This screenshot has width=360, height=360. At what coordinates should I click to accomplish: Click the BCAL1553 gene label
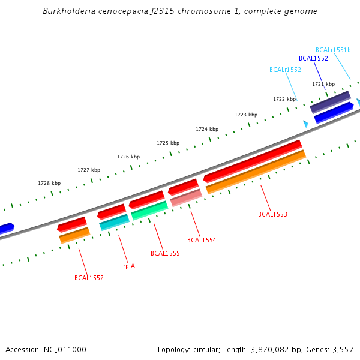[x=272, y=214]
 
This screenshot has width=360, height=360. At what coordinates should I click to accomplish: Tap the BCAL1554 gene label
[x=202, y=240]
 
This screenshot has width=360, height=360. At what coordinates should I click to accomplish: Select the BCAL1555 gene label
[x=165, y=253]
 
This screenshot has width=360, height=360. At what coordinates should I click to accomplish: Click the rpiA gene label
[x=129, y=266]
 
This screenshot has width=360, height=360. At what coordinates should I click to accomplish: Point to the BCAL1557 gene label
[x=89, y=278]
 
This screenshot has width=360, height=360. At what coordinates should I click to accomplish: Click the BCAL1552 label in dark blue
[x=313, y=58]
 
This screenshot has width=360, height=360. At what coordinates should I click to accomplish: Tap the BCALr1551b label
[x=333, y=50]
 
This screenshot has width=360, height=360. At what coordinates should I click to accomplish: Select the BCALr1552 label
[x=285, y=70]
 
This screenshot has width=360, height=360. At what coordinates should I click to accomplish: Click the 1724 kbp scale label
[x=207, y=129]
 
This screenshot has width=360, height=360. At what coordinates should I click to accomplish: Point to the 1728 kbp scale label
[x=49, y=183]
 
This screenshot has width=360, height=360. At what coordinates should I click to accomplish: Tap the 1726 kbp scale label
[x=128, y=157]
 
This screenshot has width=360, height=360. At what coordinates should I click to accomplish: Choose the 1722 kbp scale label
[x=284, y=99]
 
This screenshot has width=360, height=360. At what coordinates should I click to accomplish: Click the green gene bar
[x=149, y=211]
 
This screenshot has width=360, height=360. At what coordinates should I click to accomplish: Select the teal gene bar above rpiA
[x=114, y=223]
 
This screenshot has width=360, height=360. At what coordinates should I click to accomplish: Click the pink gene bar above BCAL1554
[x=186, y=197]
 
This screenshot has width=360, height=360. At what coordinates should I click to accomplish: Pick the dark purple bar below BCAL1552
[x=330, y=102]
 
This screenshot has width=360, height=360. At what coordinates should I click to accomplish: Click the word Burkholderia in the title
[x=68, y=11]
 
